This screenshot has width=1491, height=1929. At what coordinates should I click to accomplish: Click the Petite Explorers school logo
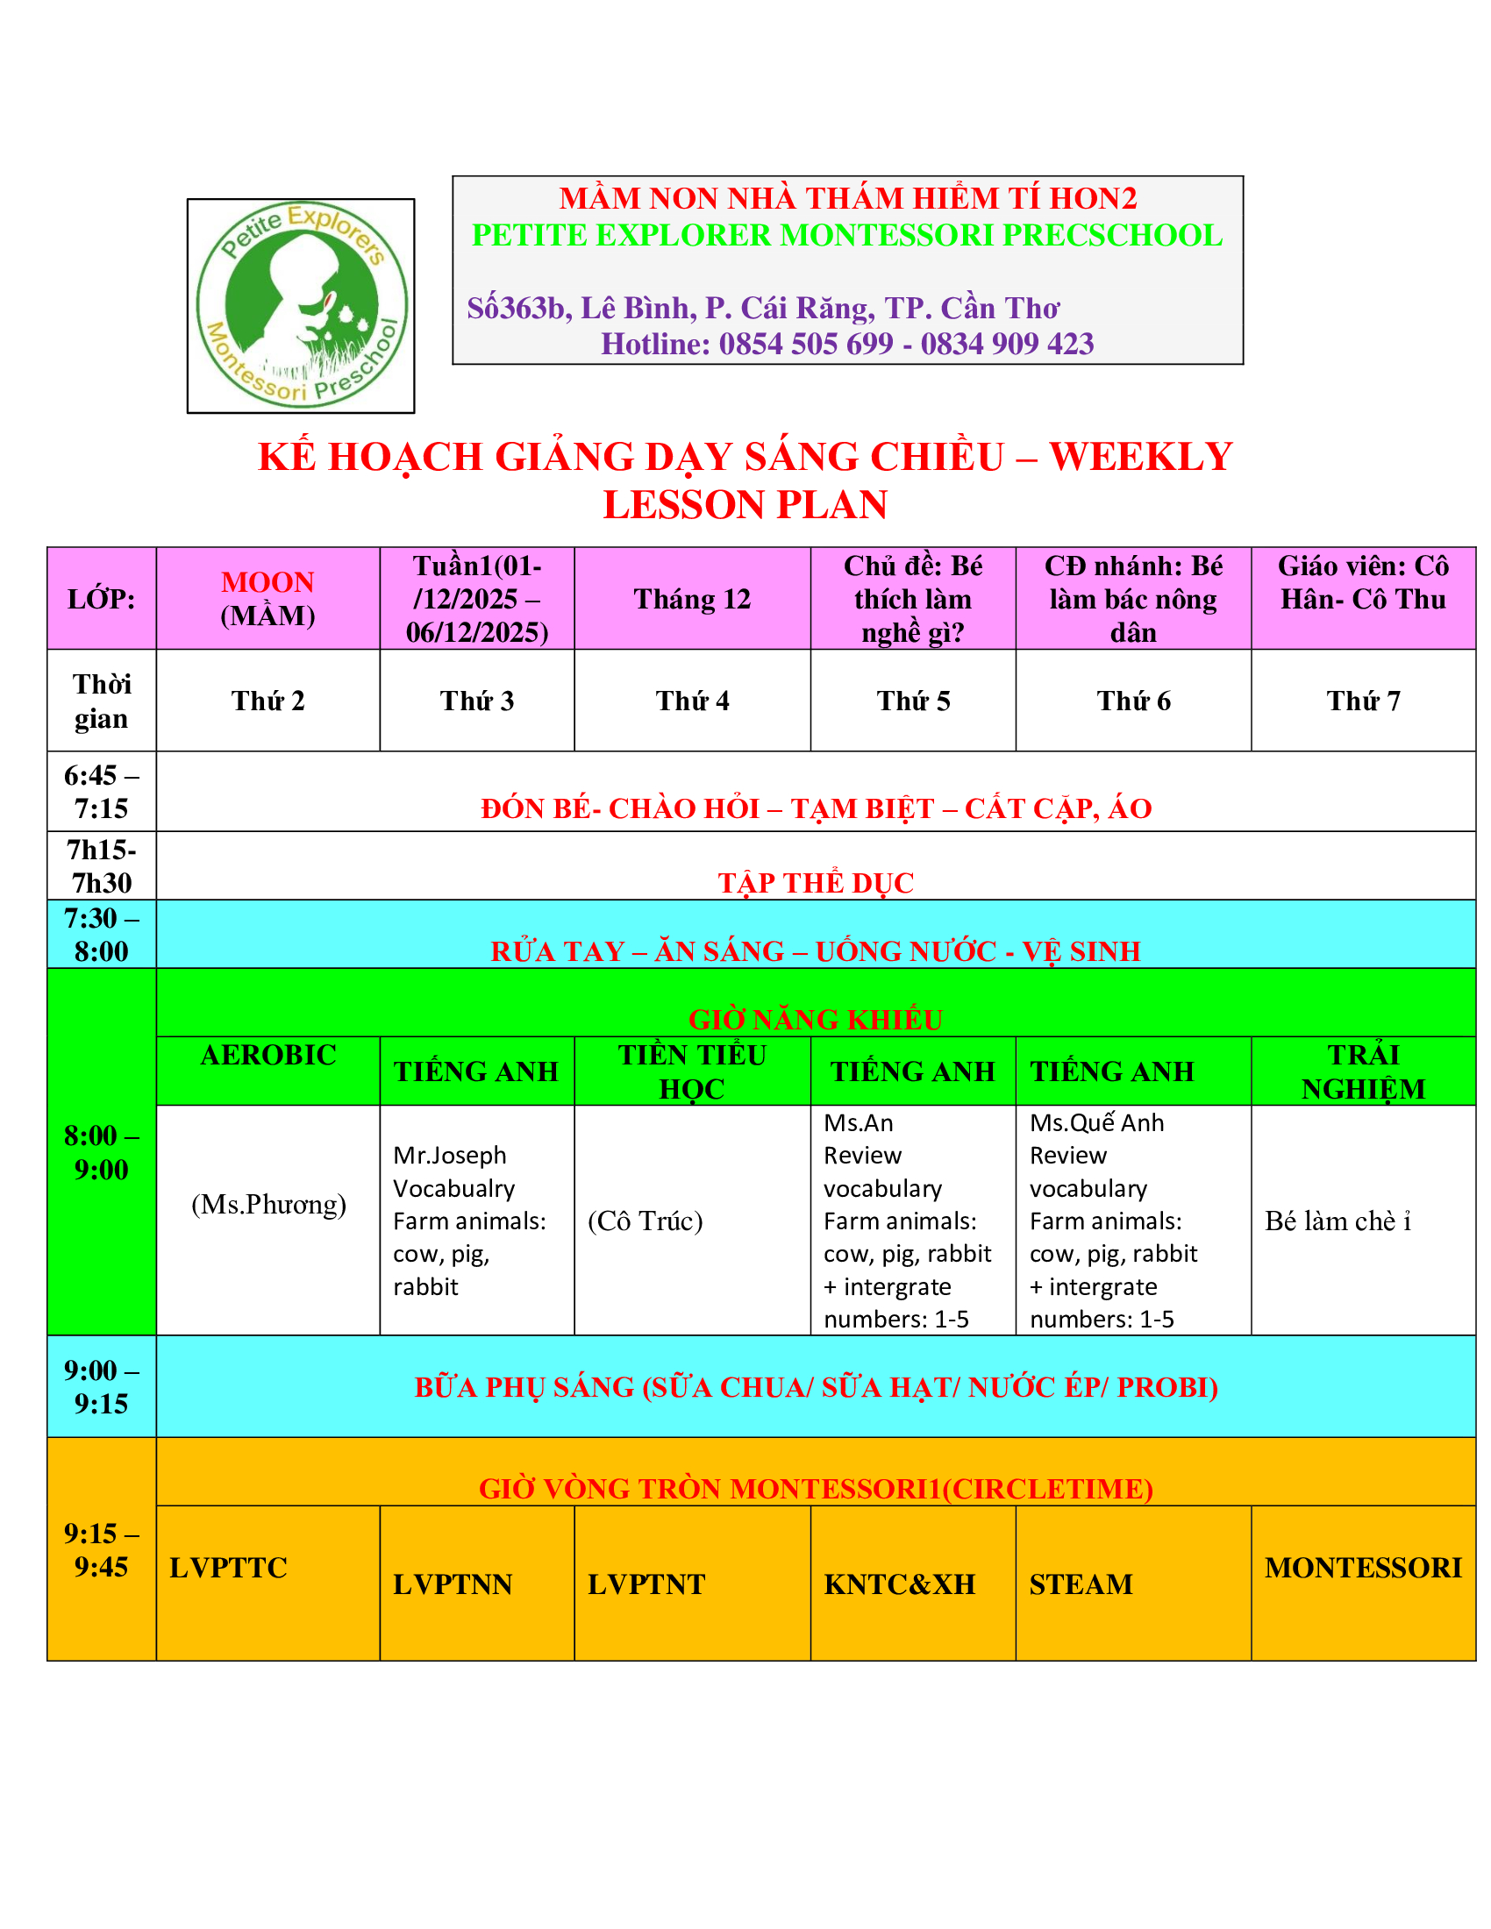tap(300, 306)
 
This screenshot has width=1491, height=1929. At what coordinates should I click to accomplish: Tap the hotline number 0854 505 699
tap(805, 344)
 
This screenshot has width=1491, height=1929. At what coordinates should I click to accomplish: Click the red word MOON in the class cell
tap(267, 582)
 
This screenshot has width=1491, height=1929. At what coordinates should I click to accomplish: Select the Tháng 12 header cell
tap(692, 599)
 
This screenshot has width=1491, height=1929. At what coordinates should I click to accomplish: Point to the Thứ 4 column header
tap(692, 701)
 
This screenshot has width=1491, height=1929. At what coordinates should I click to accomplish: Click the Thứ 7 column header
tap(1362, 701)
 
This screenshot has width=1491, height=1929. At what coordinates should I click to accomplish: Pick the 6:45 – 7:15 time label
tap(101, 792)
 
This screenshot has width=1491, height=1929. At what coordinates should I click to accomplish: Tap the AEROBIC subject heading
tap(268, 1055)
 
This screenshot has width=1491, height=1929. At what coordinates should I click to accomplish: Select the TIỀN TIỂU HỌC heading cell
tap(692, 1071)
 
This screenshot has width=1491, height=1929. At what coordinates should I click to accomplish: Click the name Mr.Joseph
tap(450, 1156)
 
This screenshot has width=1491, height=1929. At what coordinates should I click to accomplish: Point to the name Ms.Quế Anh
tap(1096, 1122)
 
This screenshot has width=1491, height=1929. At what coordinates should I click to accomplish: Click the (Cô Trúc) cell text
tap(645, 1221)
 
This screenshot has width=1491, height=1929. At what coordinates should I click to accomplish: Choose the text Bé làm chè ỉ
tap(1338, 1221)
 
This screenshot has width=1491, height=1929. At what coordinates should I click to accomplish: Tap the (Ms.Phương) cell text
tap(268, 1204)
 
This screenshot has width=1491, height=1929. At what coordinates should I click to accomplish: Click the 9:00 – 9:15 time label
tap(101, 1387)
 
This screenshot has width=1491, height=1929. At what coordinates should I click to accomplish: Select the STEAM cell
tap(1081, 1584)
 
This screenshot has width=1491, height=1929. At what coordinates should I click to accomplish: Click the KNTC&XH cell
tap(899, 1584)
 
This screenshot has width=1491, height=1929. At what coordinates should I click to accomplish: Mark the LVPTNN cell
tap(453, 1584)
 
